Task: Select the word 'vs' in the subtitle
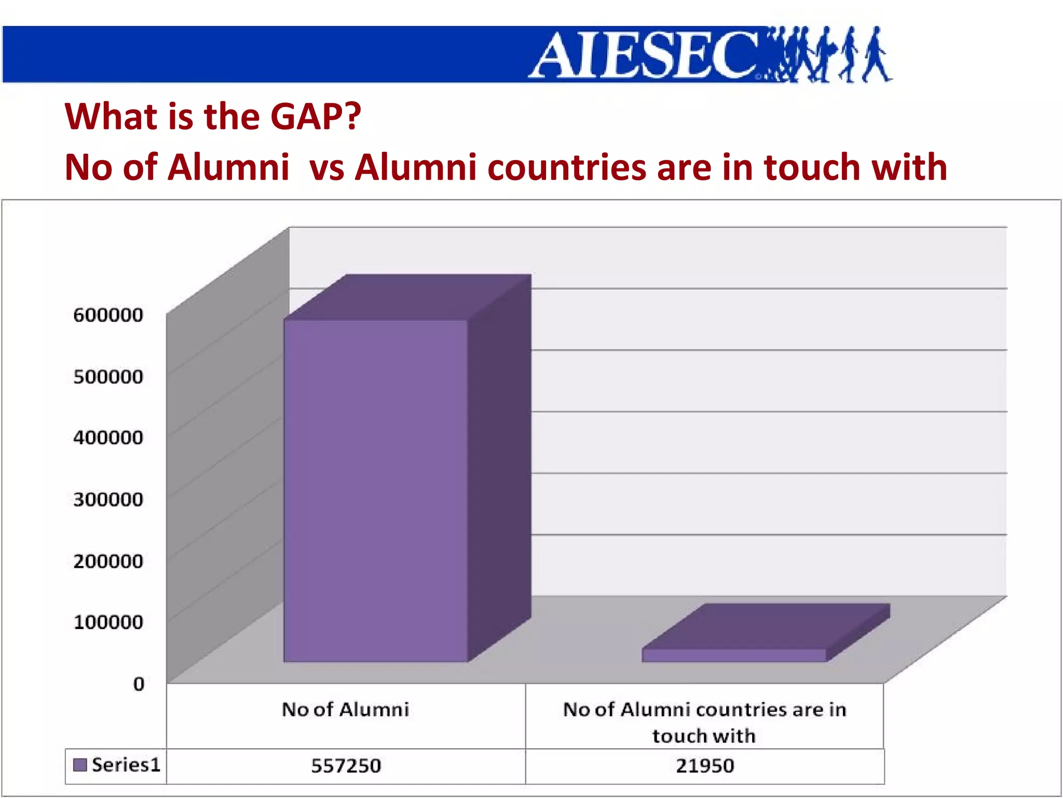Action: pos(326,167)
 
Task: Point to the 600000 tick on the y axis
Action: pos(108,315)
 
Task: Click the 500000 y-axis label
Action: pos(108,377)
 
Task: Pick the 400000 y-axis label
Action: pos(108,437)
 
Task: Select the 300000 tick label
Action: pos(108,499)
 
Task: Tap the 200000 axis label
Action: pos(108,561)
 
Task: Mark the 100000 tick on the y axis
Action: pos(108,622)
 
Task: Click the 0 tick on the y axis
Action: pos(139,684)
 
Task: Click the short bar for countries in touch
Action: pos(733,655)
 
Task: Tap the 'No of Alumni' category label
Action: pos(346,710)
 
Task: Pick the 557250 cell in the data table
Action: pos(346,766)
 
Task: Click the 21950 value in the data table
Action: pos(704,766)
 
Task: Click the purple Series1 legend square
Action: pos(80,765)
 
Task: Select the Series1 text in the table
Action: pos(126,765)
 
